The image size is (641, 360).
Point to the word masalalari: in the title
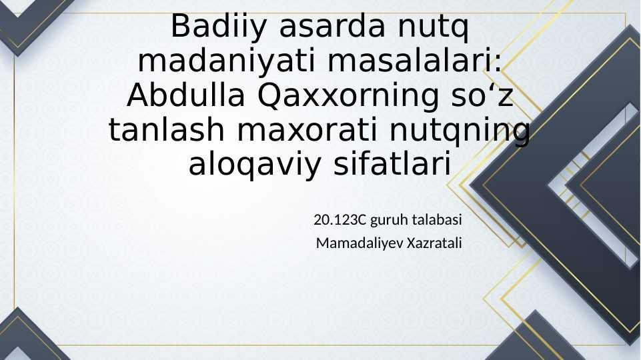414,61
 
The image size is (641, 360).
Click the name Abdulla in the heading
186,96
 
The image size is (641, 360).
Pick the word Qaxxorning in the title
348,97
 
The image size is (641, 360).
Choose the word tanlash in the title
166,131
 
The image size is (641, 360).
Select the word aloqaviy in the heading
255,165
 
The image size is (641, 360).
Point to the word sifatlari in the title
392,164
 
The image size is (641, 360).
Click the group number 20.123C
340,220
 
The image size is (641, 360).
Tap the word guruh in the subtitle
389,221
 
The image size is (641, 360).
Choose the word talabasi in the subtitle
437,220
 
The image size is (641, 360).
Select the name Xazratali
434,243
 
